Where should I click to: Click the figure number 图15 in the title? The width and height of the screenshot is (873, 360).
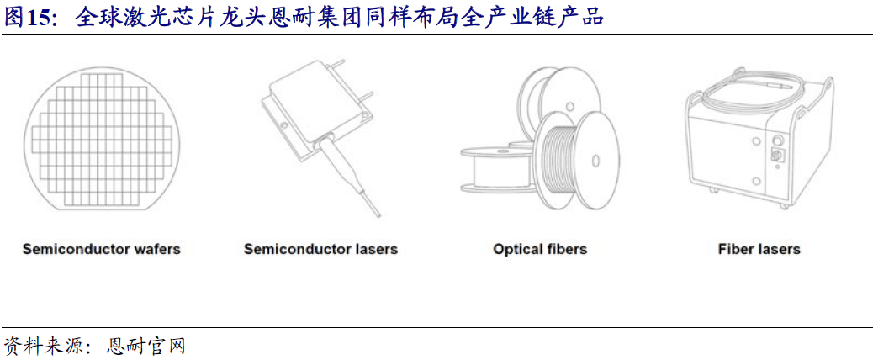pyautogui.click(x=27, y=18)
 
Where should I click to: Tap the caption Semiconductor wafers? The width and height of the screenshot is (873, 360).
pyautogui.click(x=101, y=249)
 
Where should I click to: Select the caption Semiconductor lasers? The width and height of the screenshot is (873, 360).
pyautogui.click(x=320, y=249)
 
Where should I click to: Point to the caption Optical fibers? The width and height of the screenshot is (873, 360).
pyautogui.click(x=540, y=249)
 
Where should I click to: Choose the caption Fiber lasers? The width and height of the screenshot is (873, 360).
pyautogui.click(x=759, y=249)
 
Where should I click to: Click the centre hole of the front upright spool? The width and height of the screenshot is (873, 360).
pyautogui.click(x=594, y=160)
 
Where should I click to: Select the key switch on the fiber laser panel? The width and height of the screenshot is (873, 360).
pyautogui.click(x=778, y=155)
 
